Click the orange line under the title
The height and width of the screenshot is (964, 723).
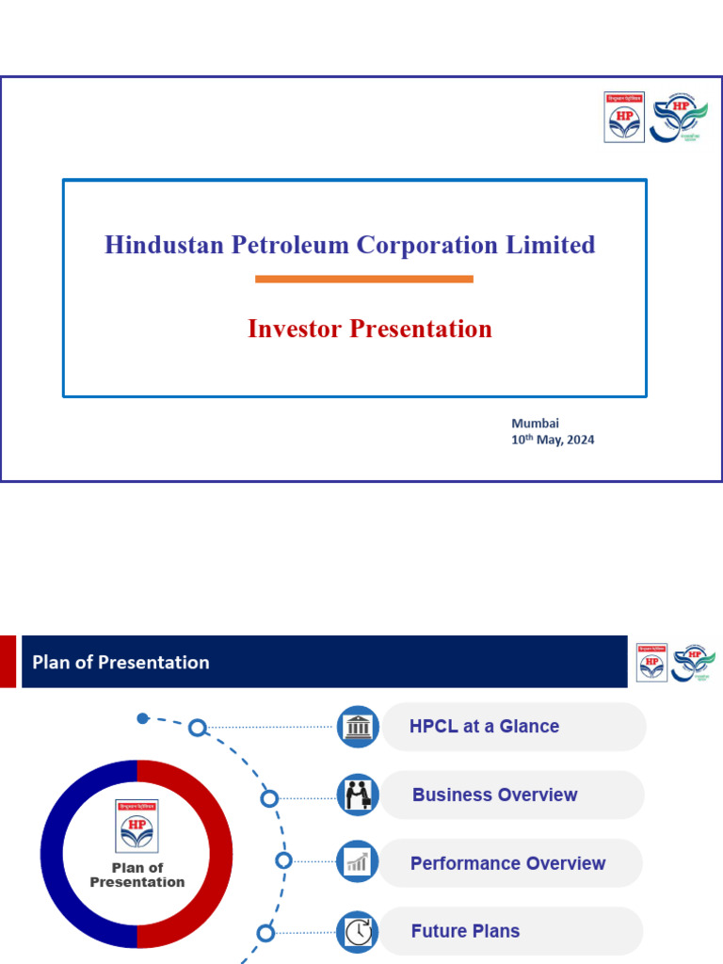coord(363,279)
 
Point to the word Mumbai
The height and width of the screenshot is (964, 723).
coord(535,424)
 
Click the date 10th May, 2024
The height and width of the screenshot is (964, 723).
coord(553,440)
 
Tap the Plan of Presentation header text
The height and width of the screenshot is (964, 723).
coord(120,662)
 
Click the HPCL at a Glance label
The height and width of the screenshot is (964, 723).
coord(484,726)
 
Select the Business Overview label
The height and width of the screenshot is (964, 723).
coord(494,795)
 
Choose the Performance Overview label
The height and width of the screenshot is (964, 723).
coord(507,863)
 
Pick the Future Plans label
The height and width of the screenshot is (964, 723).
coord(465,931)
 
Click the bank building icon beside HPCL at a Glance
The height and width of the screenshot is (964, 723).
coord(358,727)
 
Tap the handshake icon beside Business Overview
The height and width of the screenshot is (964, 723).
coord(358,795)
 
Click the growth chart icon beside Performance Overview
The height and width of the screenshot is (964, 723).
coord(358,862)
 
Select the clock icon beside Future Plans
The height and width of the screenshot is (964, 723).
coord(358,932)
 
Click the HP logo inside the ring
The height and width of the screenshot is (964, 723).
coord(137,826)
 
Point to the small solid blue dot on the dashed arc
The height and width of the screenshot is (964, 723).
coord(142,718)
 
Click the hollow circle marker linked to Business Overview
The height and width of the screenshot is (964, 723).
coord(269,798)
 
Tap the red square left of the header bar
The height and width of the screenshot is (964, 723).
coord(8,662)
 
